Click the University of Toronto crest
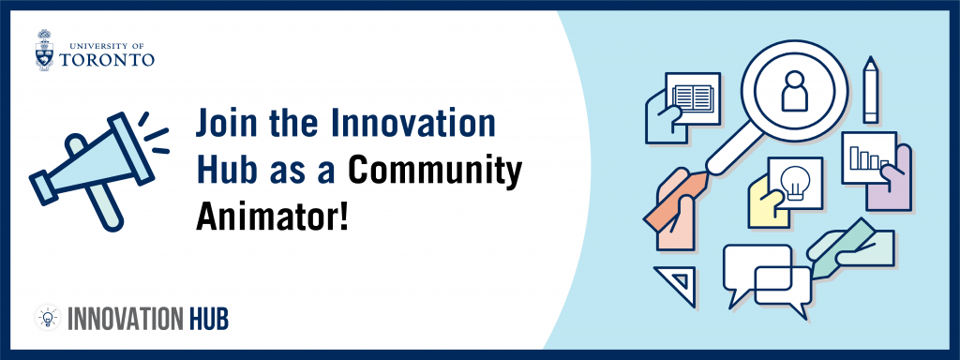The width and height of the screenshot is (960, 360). coord(45,50)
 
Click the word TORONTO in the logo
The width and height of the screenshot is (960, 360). coord(107,60)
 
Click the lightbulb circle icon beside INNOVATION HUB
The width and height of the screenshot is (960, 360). coord(48,318)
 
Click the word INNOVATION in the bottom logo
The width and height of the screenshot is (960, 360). coord(125,319)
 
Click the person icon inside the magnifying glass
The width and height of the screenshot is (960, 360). coord(794,91)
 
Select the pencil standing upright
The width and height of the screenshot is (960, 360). coord(870,90)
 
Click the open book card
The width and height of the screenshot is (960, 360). coord(693,97)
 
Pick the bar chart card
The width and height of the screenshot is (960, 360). coord(869,157)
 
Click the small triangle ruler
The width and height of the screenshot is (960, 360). coord(679,283)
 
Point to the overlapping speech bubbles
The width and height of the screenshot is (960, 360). coord(767,279)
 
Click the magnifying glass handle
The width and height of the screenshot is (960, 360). coord(735,151)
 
